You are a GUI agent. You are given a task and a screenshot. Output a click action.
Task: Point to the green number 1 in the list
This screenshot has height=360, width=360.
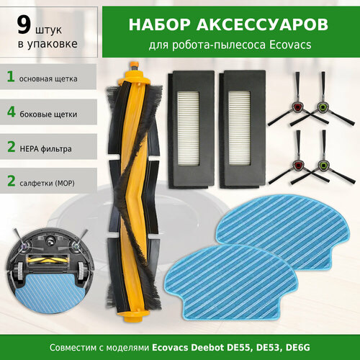(x=10, y=76)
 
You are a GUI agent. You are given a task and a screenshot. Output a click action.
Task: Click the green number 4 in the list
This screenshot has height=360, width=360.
(x=10, y=113)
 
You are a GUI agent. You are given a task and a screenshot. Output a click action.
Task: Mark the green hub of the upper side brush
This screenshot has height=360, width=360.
(x=323, y=106)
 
